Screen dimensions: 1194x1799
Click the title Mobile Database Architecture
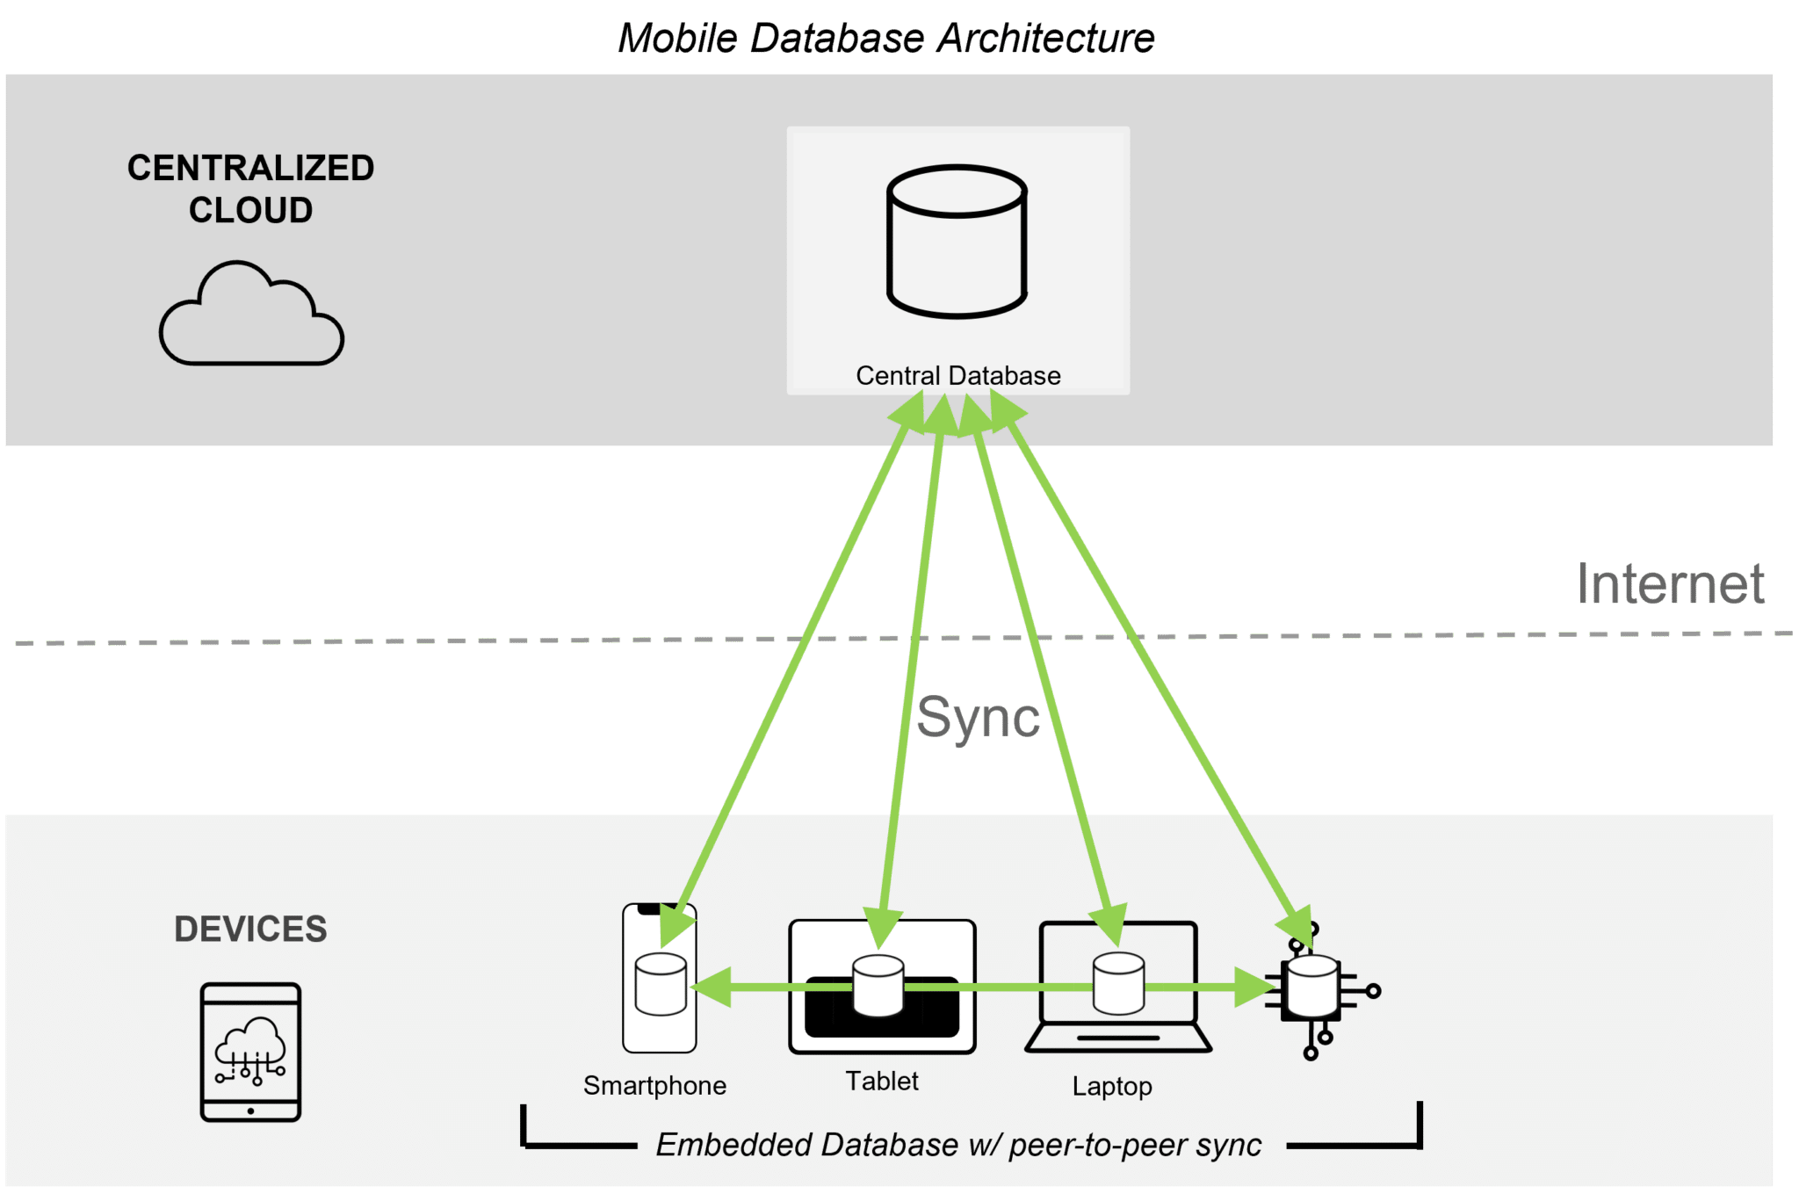point(885,39)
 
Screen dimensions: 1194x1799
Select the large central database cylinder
point(957,241)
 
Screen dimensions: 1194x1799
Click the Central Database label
point(957,376)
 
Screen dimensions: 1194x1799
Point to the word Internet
point(1670,584)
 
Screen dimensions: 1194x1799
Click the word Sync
point(977,718)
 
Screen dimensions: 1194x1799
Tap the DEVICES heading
point(250,930)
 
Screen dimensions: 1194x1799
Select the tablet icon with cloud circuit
point(251,1052)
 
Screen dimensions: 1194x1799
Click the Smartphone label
point(654,1086)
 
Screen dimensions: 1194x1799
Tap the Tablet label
point(882,1082)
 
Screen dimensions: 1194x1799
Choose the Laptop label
point(1112,1087)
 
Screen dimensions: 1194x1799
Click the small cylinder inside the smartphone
point(661,983)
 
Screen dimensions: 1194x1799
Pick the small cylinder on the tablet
point(878,986)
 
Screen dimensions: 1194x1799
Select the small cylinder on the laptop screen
point(1118,983)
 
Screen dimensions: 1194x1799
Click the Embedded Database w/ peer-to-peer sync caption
point(958,1146)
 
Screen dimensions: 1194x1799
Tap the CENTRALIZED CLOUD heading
point(250,189)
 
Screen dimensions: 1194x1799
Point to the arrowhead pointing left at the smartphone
point(712,988)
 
